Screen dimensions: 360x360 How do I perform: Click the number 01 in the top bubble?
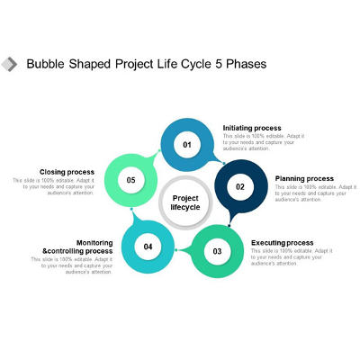pyautogui.click(x=188, y=145)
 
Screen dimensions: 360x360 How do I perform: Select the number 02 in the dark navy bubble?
pyautogui.click(x=240, y=187)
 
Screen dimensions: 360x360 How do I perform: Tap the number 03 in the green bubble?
pyautogui.click(x=217, y=251)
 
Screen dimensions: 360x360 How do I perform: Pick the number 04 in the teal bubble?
pyautogui.click(x=148, y=247)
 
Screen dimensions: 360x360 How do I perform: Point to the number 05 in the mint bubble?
pyautogui.click(x=130, y=180)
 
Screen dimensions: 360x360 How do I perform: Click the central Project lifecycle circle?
pyautogui.click(x=185, y=202)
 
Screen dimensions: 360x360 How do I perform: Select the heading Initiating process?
pyautogui.click(x=252, y=128)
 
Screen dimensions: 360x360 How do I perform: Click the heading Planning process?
pyautogui.click(x=304, y=178)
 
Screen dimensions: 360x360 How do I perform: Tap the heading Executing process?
pyautogui.click(x=283, y=243)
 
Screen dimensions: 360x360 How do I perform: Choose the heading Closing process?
pyautogui.click(x=67, y=172)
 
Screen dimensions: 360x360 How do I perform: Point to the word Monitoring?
pyautogui.click(x=94, y=242)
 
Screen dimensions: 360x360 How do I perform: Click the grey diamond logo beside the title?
pyautogui.click(x=11, y=64)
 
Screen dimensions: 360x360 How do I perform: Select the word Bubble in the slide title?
pyautogui.click(x=45, y=65)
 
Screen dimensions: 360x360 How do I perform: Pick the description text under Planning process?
pyautogui.click(x=315, y=193)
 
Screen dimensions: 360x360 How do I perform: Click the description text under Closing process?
pyautogui.click(x=54, y=186)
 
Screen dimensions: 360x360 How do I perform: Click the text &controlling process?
pyautogui.click(x=78, y=251)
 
